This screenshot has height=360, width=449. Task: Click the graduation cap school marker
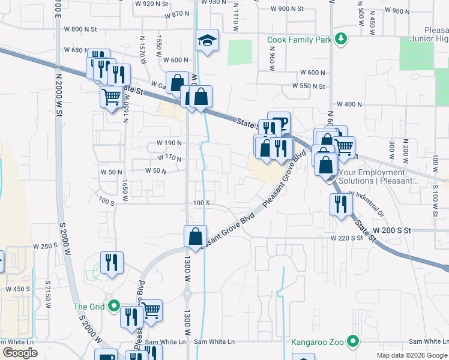coord(208,41)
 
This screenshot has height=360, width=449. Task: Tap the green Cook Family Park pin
coord(341,39)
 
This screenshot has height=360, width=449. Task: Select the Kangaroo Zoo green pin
coord(354,343)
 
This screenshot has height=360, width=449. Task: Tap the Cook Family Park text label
coord(300,40)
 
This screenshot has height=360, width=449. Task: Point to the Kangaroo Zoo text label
coord(318,343)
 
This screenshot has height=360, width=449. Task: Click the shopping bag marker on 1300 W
coord(196,236)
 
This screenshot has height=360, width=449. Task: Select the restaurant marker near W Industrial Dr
coord(340,205)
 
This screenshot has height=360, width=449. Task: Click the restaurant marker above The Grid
coord(112,263)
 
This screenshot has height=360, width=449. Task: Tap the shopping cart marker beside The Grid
coord(151,310)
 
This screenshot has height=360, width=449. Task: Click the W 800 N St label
coord(80,29)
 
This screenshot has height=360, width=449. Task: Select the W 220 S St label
coord(346,238)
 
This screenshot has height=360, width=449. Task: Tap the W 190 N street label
coord(169,143)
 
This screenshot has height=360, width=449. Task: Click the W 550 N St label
coord(309,86)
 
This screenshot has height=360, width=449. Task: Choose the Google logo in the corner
coord(20,353)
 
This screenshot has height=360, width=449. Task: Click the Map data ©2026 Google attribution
coord(411,355)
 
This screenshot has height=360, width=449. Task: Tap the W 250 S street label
coord(45,246)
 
